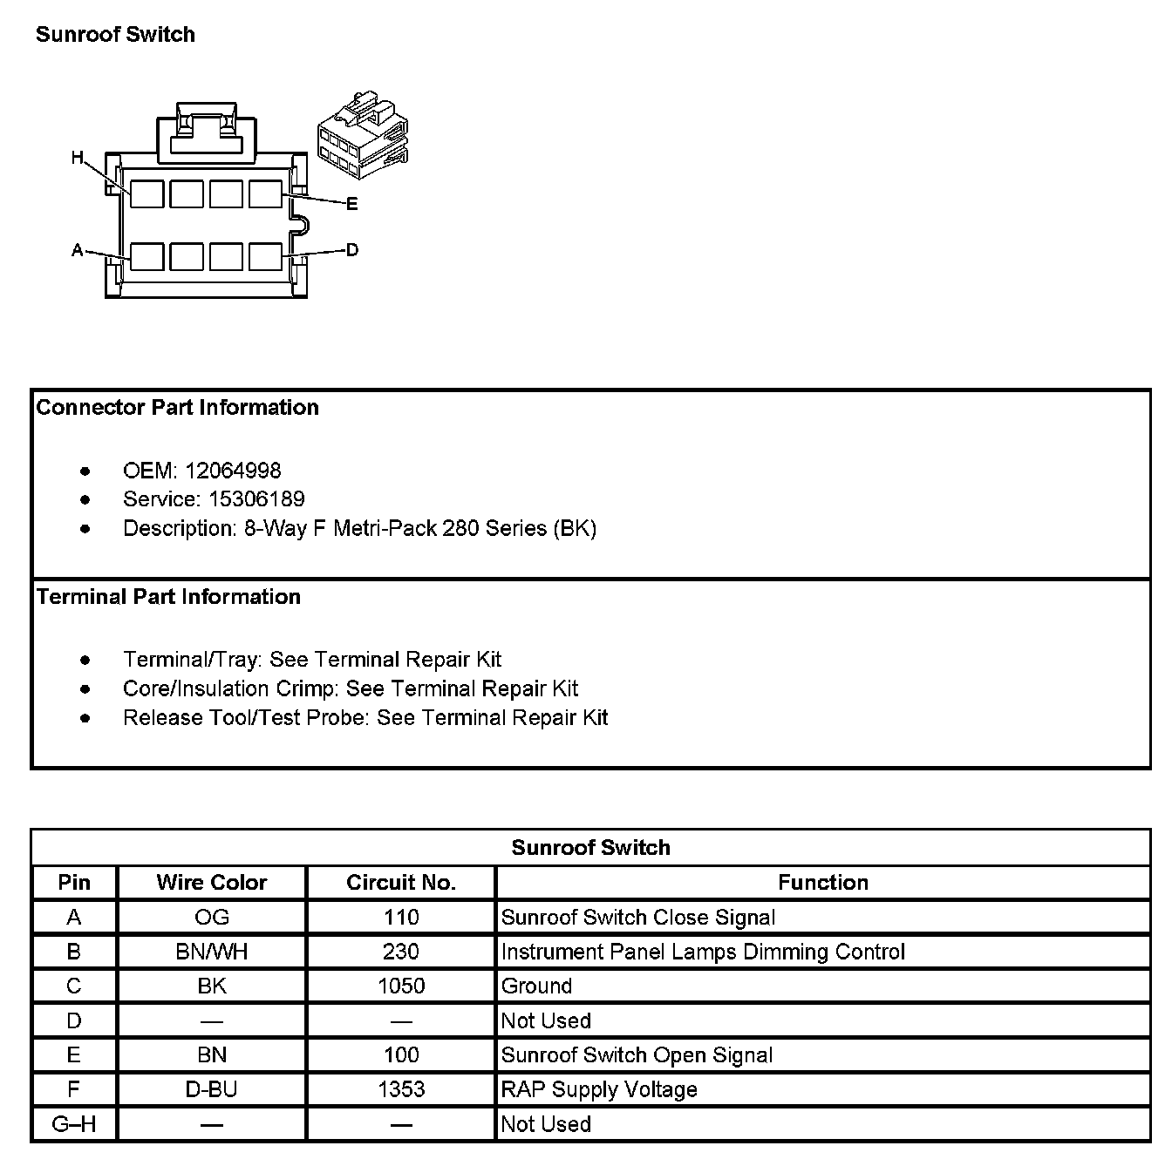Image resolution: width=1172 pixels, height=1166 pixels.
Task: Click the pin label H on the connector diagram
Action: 78,158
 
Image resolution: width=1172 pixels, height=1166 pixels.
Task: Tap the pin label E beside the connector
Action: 351,204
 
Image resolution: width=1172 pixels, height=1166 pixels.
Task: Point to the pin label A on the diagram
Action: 78,251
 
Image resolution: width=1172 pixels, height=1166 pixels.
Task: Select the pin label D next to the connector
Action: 351,250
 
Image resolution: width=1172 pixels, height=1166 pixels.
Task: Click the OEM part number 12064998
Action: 233,471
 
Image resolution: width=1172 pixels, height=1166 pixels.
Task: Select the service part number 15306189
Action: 256,499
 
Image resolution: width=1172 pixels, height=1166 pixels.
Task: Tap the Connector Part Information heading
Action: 178,408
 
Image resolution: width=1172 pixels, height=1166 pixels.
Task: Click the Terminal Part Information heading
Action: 168,597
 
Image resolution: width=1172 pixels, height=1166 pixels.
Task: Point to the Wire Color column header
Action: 212,882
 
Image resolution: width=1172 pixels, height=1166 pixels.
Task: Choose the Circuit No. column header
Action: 401,882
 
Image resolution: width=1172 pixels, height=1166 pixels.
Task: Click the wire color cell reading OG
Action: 212,917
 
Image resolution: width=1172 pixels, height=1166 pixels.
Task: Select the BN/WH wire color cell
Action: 212,952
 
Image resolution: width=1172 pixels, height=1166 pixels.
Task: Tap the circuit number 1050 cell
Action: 401,986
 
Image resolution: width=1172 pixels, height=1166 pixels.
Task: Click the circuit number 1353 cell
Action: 401,1089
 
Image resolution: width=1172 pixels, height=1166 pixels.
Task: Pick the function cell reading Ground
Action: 537,986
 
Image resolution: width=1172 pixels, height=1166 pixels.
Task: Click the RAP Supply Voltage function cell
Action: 599,1089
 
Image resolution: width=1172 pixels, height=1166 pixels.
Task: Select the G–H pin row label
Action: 74,1124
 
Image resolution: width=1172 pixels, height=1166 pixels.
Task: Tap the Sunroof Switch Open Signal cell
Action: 637,1055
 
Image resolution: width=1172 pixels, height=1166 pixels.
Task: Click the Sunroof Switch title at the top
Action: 115,35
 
